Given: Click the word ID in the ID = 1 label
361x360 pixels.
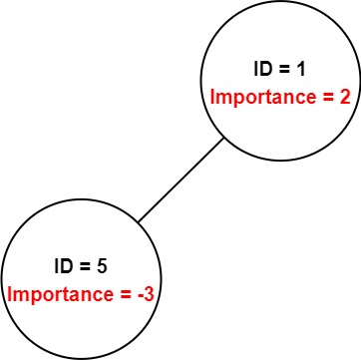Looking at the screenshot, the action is click(262, 70).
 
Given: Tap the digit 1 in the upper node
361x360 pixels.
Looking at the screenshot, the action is click(300, 70).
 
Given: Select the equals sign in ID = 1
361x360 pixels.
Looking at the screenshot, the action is click(282, 71).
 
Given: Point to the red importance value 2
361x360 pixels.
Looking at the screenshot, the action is click(344, 97).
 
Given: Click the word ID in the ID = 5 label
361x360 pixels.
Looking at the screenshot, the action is click(63, 267).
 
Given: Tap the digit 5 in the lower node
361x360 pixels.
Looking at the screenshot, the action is click(102, 267).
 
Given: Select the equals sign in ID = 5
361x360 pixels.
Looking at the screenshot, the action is click(84, 267).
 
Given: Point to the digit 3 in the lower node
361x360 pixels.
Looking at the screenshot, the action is click(148, 294).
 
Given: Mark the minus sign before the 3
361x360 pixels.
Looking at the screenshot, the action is click(139, 296).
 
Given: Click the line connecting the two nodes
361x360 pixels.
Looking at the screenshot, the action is click(180, 180).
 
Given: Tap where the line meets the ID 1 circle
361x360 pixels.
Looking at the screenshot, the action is click(223, 139).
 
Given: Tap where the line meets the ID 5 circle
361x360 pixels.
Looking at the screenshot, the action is click(139, 221).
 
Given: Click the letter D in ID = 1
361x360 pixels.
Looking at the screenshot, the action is click(264, 70).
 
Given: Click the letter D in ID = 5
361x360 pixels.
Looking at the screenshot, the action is click(66, 267).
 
